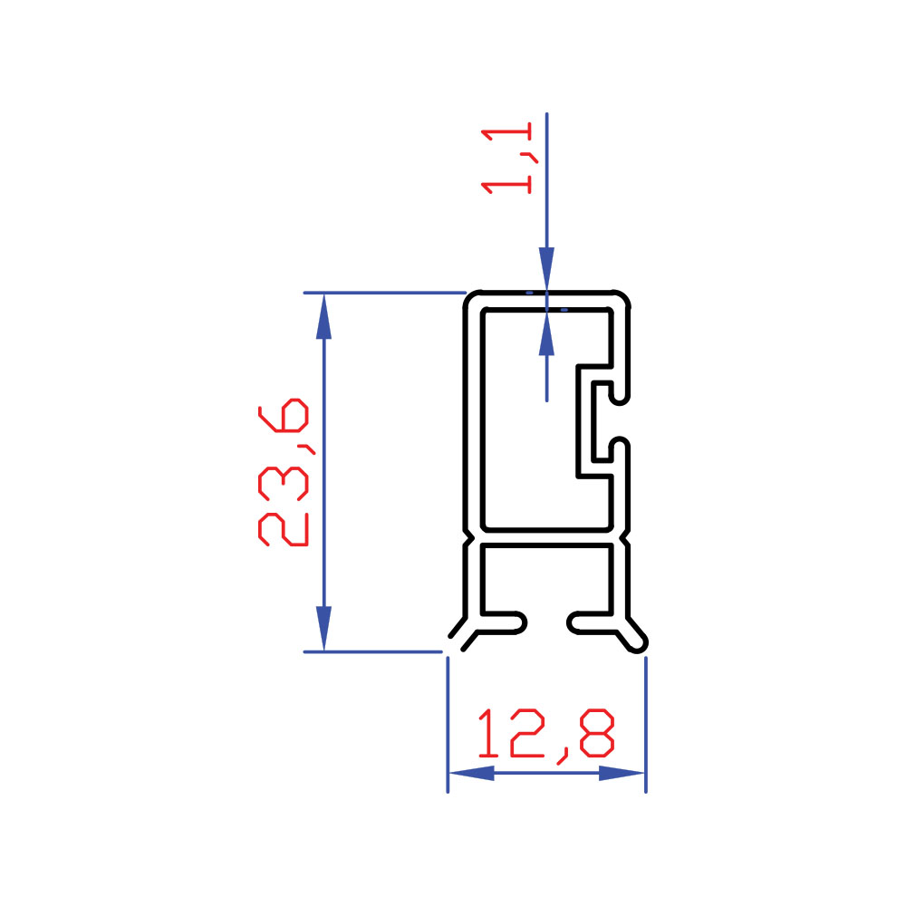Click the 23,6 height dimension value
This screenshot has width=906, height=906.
point(283,472)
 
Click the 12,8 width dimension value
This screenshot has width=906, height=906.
point(546,735)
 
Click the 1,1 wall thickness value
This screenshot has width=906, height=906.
point(506,158)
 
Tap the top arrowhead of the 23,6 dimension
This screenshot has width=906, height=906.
point(323,316)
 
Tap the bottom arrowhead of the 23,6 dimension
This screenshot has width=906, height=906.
point(323,629)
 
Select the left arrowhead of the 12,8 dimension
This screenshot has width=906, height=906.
point(471,773)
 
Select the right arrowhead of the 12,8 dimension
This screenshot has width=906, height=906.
point(622,773)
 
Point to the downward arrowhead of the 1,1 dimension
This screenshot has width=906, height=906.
point(546,269)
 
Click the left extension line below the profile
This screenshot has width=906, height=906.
point(448,725)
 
